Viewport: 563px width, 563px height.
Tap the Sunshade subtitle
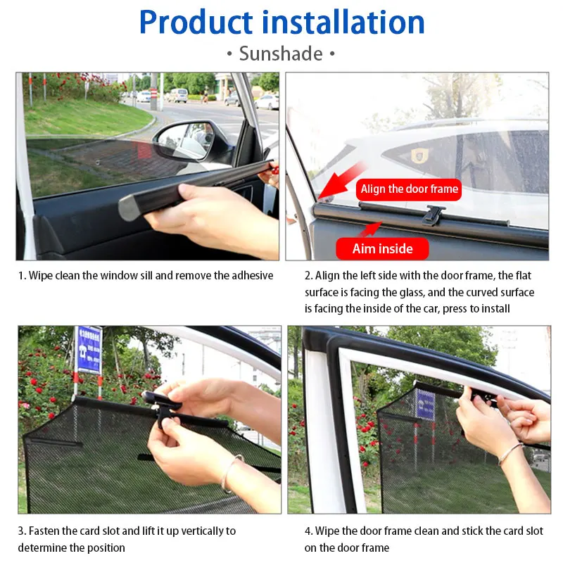click(281, 54)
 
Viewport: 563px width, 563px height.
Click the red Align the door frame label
click(409, 189)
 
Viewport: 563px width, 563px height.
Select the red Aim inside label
click(382, 248)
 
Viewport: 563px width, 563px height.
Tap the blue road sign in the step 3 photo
click(89, 350)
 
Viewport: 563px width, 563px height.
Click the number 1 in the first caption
click(21, 276)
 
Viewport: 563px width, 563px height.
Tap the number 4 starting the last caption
click(308, 531)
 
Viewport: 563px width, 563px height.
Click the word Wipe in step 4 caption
click(329, 531)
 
